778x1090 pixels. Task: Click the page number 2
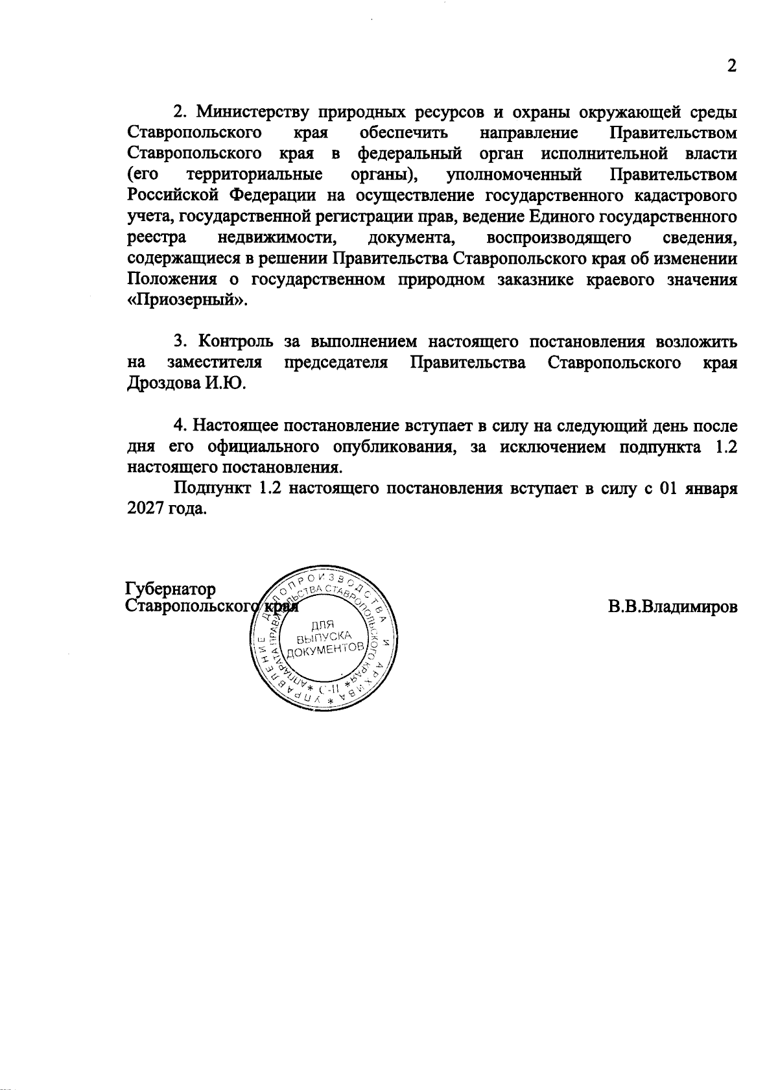coord(732,67)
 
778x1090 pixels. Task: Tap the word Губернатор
coord(171,589)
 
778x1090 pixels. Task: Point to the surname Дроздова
coord(164,383)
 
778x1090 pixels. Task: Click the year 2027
coord(147,509)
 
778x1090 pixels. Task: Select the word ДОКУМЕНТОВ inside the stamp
coord(322,650)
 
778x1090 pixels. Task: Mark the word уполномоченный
coord(515,175)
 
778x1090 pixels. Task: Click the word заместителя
coord(215,362)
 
